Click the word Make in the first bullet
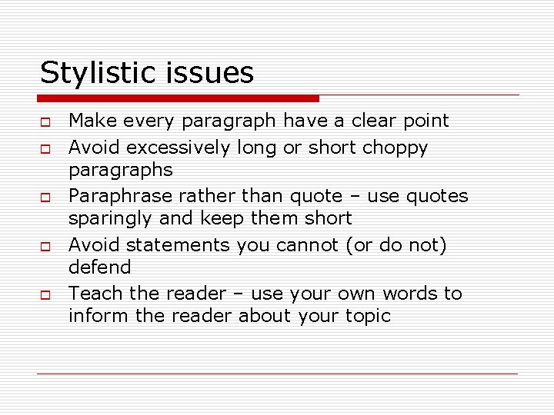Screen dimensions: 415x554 tap(89, 121)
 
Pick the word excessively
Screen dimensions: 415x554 tap(179, 147)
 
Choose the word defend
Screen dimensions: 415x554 tap(100, 267)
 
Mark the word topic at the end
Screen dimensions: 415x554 tap(366, 316)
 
